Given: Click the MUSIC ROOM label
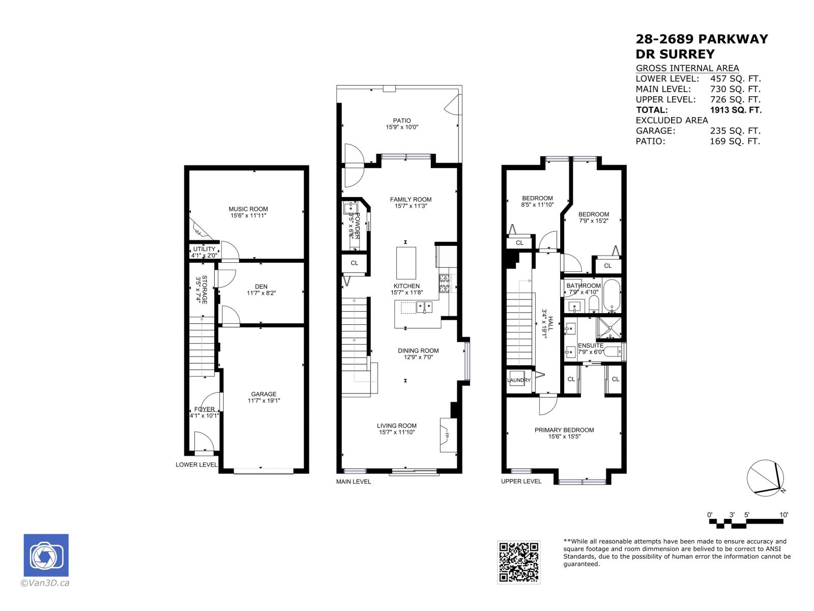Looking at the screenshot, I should pos(248,209).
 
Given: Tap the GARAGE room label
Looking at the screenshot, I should pos(264,394).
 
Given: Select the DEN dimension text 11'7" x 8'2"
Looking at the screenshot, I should pos(261,293).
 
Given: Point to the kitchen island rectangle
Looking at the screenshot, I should pos(406,263).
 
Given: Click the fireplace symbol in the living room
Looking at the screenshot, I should pos(445,436).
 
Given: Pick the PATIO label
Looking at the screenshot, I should pos(401,121).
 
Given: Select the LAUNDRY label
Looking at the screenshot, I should pos(518,380).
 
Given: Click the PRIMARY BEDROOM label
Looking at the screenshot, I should pos(564,430).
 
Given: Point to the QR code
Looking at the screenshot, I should pos(518,562).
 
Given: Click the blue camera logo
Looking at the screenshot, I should pos(46,555).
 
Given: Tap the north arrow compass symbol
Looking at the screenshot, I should pos(765,477).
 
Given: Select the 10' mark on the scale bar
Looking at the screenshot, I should pos(783,515).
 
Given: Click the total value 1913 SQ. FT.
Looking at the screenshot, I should pos(736,109).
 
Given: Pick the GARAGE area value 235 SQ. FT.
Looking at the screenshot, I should pos(735,131).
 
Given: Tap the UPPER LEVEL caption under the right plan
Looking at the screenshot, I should pos(521,481).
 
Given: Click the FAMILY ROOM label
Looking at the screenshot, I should pos(411,200).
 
